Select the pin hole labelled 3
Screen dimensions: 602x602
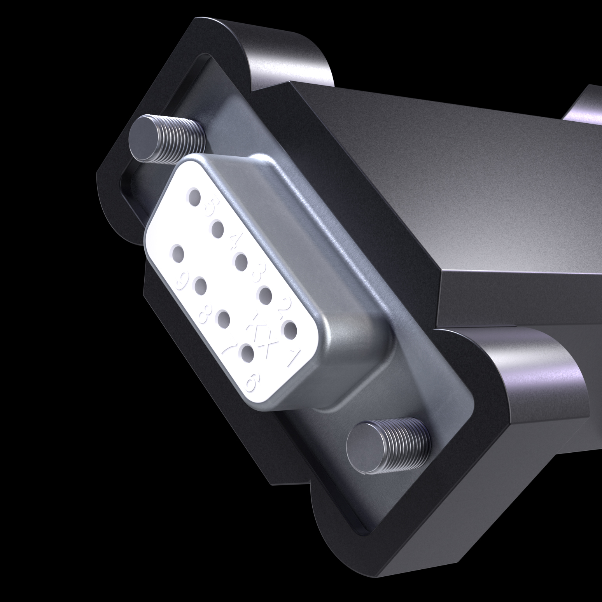click(x=241, y=262)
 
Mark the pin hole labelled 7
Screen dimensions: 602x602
click(x=224, y=319)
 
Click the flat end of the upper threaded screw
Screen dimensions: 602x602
click(x=144, y=138)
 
